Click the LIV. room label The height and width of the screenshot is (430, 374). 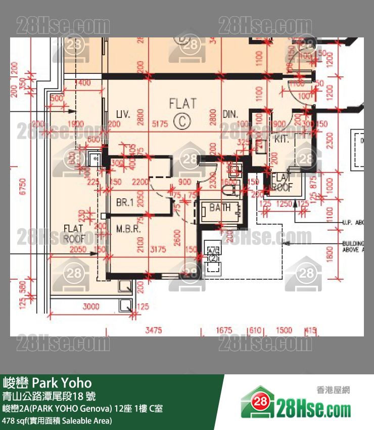(124, 114)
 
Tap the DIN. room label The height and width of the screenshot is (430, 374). (230, 114)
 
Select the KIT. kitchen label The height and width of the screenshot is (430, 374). (282, 139)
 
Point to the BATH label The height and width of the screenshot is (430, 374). (220, 207)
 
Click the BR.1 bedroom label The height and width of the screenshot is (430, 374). (124, 202)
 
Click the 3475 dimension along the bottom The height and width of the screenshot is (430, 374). (154, 330)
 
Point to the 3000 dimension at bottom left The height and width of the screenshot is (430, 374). (91, 307)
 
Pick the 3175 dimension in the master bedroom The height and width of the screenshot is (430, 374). (158, 249)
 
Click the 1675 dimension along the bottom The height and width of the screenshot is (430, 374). (224, 330)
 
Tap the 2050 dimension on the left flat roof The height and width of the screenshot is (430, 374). (78, 249)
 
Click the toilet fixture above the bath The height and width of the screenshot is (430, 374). (229, 189)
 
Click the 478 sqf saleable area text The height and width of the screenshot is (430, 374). (57, 420)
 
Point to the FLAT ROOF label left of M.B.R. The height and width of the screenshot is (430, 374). (74, 233)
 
